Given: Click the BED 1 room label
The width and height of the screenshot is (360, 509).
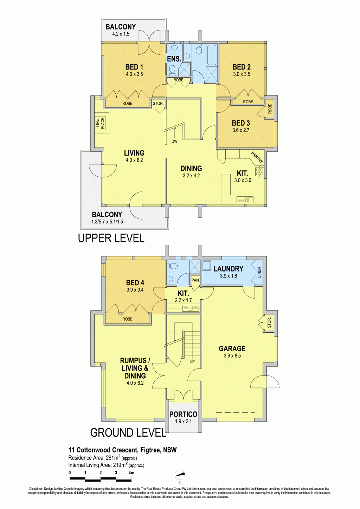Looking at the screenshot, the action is pyautogui.click(x=134, y=67).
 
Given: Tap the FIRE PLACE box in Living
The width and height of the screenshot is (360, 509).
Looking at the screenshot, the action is pyautogui.click(x=102, y=123).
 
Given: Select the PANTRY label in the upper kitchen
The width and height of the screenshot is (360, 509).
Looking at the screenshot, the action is pyautogui.click(x=257, y=157).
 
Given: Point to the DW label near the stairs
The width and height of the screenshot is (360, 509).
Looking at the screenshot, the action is pyautogui.click(x=174, y=141).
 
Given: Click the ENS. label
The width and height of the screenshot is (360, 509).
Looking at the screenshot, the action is pyautogui.click(x=174, y=59).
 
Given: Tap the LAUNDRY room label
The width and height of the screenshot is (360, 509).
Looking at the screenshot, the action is pyautogui.click(x=228, y=269).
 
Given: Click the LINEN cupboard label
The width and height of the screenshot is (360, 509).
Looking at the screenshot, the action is pyautogui.click(x=259, y=273).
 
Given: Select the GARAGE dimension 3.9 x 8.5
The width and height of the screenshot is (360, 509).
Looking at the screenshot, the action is pyautogui.click(x=232, y=355).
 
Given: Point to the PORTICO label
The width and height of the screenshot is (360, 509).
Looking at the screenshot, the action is pyautogui.click(x=183, y=414).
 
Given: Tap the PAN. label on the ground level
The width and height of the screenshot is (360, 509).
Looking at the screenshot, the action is pyautogui.click(x=195, y=280).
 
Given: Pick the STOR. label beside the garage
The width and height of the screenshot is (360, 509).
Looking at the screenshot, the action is pyautogui.click(x=269, y=323).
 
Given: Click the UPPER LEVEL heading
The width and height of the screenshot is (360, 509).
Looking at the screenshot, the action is pyautogui.click(x=111, y=238).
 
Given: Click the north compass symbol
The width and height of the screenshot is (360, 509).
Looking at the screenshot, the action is pyautogui.click(x=180, y=475).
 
